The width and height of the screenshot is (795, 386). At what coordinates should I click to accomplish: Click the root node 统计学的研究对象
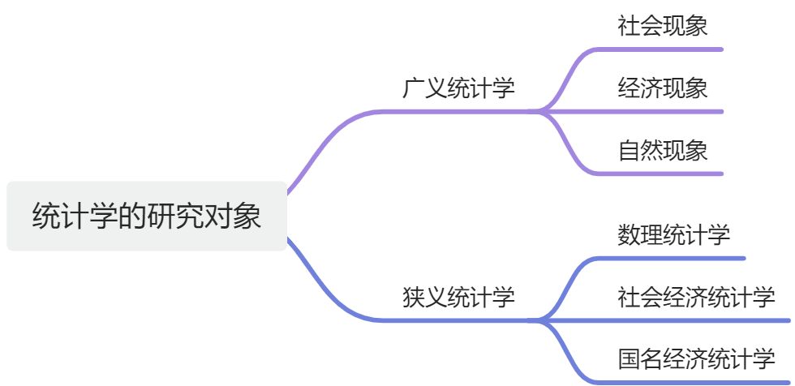click(x=147, y=216)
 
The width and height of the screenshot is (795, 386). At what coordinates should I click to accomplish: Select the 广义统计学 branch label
click(x=458, y=88)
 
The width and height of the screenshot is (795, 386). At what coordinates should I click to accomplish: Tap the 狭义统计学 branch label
click(x=458, y=297)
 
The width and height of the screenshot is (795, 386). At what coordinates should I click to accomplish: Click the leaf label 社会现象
click(x=662, y=26)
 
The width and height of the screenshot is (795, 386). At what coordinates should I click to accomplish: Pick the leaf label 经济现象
click(x=662, y=88)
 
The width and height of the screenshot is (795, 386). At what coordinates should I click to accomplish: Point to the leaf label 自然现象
click(x=662, y=150)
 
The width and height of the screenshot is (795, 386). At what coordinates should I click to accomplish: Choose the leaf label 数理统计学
click(x=673, y=235)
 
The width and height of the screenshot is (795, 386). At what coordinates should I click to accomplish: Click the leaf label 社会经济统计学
click(x=696, y=297)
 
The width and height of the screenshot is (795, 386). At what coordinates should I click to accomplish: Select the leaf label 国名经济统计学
click(x=696, y=358)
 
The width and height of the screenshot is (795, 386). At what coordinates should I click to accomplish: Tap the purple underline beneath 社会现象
click(x=665, y=49)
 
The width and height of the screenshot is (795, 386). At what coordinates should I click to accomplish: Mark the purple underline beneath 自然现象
click(x=665, y=173)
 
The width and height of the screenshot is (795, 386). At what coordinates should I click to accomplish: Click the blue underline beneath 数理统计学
click(x=681, y=259)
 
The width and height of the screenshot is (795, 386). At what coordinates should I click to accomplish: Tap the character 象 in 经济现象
click(x=696, y=88)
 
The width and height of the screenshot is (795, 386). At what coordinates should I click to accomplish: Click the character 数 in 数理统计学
click(x=629, y=235)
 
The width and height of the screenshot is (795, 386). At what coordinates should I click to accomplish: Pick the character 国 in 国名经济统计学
click(x=629, y=358)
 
